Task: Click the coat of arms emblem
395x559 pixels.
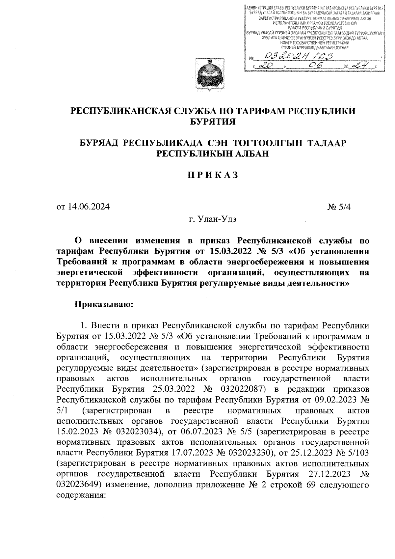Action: [209, 75]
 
